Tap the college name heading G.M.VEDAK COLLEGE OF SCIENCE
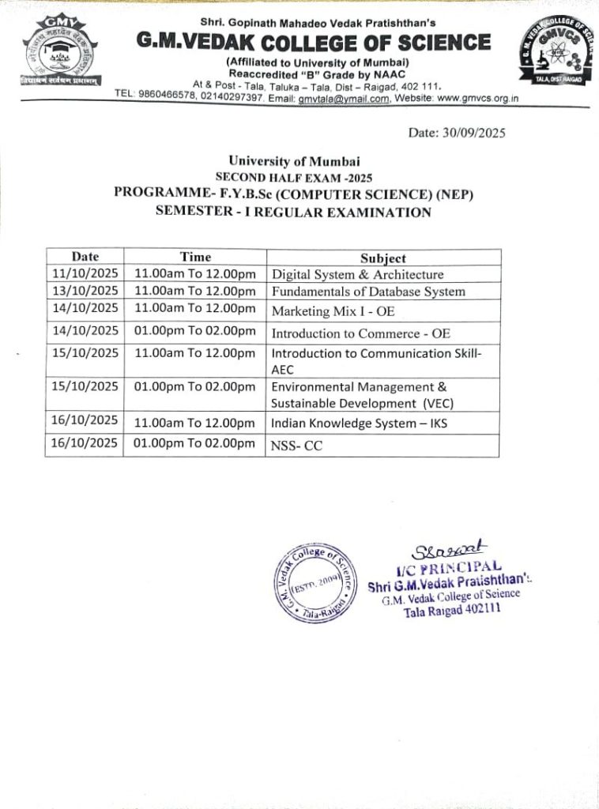[313, 42]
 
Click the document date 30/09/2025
[457, 132]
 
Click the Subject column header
[383, 258]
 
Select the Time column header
[195, 257]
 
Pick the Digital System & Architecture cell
[357, 275]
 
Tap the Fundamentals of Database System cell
[368, 292]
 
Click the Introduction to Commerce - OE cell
[361, 333]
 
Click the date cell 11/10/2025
[85, 274]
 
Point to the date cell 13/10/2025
[85, 291]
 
